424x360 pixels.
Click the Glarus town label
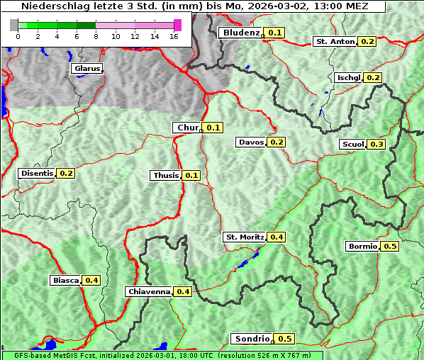pyautogui.click(x=87, y=69)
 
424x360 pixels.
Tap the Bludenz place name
pyautogui.click(x=240, y=33)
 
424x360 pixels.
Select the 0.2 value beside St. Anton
pyautogui.click(x=367, y=42)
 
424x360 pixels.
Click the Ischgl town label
pyautogui.click(x=348, y=77)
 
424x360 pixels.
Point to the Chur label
pyautogui.click(x=187, y=128)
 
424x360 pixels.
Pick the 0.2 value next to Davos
pyautogui.click(x=277, y=142)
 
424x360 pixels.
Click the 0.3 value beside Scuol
pyautogui.click(x=376, y=145)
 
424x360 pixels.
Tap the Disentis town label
pyautogui.click(x=37, y=173)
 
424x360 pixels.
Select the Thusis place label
pyautogui.click(x=166, y=175)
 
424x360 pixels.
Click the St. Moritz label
pyautogui.click(x=245, y=237)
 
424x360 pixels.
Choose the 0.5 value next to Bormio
pyautogui.click(x=390, y=247)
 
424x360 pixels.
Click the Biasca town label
pyautogui.click(x=66, y=280)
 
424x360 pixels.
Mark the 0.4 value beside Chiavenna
pyautogui.click(x=183, y=291)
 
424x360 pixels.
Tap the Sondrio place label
pyautogui.click(x=252, y=339)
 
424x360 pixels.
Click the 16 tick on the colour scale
pyautogui.click(x=174, y=36)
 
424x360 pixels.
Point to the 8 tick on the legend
pyautogui.click(x=96, y=36)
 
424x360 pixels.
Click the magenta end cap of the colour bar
pyautogui.click(x=177, y=25)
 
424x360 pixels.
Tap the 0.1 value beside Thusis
pyautogui.click(x=191, y=175)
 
